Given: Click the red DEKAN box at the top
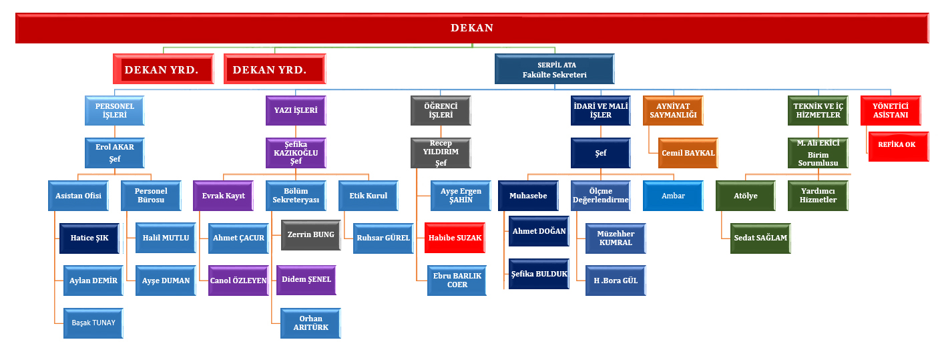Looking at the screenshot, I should click(x=472, y=28).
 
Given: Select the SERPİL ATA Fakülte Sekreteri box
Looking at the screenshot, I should click(x=554, y=69).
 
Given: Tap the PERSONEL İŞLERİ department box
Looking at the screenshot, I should click(x=115, y=110).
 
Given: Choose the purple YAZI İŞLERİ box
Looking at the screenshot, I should click(x=295, y=110).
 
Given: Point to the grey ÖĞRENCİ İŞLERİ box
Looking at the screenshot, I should click(x=440, y=110).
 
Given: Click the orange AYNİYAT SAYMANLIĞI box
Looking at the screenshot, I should click(x=672, y=110).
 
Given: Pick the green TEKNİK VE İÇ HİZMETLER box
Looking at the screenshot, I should click(x=817, y=110).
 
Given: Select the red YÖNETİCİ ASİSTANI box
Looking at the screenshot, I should click(x=890, y=110).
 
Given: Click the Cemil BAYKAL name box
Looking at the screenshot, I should click(x=688, y=153).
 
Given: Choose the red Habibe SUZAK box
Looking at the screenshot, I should click(x=454, y=237).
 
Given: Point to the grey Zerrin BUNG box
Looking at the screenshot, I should click(x=310, y=234).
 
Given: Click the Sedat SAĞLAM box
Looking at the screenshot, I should click(x=760, y=238).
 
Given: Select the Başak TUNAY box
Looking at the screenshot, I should click(x=93, y=323).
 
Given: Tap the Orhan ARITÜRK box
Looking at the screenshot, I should click(x=310, y=323).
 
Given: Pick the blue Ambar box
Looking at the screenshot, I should click(x=672, y=196).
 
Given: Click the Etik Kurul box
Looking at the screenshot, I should click(x=368, y=196).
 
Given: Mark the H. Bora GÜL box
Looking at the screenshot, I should click(x=616, y=281).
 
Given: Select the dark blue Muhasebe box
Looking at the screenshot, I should click(x=528, y=196).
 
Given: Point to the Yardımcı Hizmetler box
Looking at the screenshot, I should click(x=818, y=195).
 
